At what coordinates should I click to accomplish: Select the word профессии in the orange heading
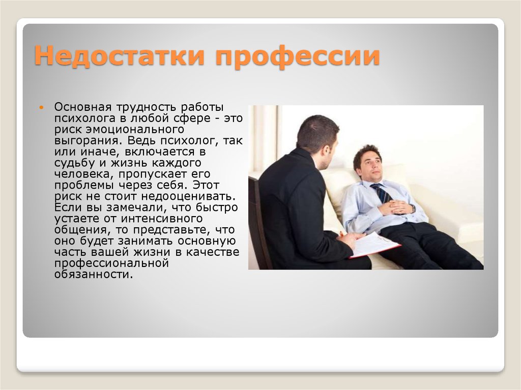pos(297,57)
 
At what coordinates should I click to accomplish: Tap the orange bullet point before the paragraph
pos(41,107)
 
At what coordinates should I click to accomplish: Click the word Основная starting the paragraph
pos(83,107)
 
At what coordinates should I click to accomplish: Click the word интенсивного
pos(161,218)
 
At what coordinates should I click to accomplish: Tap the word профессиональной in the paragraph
pos(111,263)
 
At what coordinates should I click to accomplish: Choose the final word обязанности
pos(94,275)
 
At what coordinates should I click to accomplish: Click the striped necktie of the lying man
pos(382,193)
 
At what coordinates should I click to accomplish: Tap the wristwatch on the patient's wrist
pos(413,208)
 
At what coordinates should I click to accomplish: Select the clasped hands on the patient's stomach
pos(396,208)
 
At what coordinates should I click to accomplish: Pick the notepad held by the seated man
pos(375,245)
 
